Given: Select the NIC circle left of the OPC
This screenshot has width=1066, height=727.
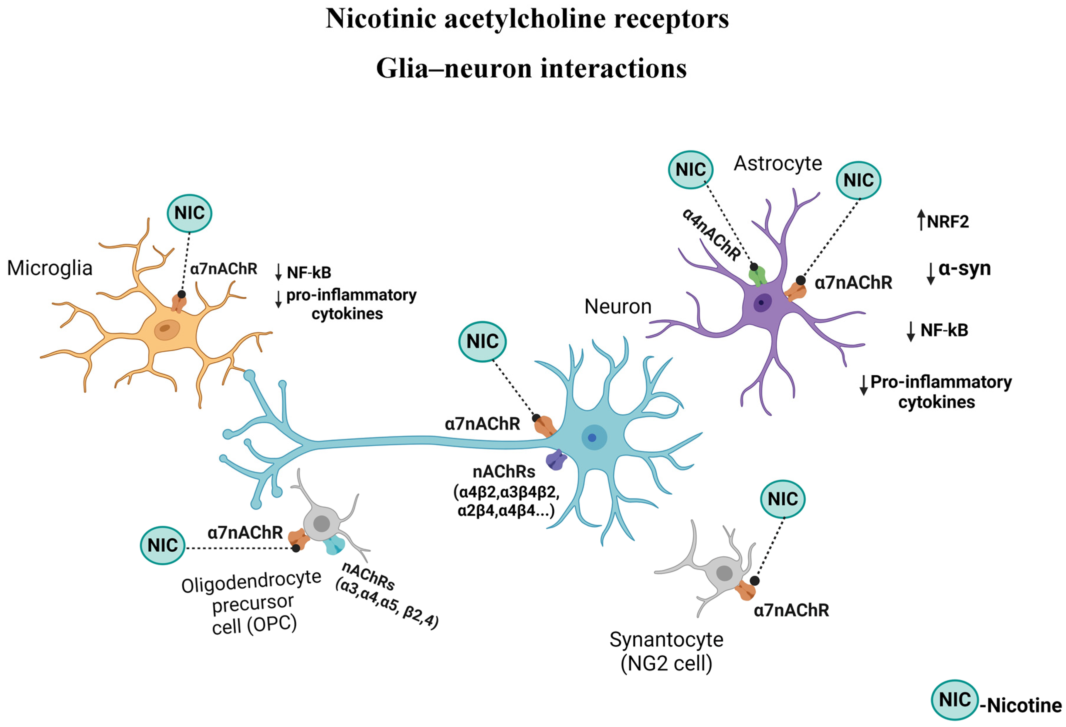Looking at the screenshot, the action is coord(163,545).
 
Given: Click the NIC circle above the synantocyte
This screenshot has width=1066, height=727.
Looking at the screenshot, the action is coord(783,499).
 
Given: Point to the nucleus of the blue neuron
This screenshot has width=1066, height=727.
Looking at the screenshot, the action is coord(594,437).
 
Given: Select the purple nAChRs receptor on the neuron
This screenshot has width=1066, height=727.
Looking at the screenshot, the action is coord(556,460).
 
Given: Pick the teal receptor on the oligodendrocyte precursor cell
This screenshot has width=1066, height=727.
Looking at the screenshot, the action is coord(334,545).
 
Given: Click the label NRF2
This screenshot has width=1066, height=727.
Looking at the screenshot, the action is coord(948,222).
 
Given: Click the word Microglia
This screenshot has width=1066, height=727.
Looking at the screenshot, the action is coord(50,268).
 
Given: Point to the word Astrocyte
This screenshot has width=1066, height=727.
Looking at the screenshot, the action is coord(778,163).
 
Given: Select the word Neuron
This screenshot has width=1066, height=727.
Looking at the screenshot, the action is coord(618,306).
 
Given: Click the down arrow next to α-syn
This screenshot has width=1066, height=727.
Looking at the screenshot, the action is coord(931,274).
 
